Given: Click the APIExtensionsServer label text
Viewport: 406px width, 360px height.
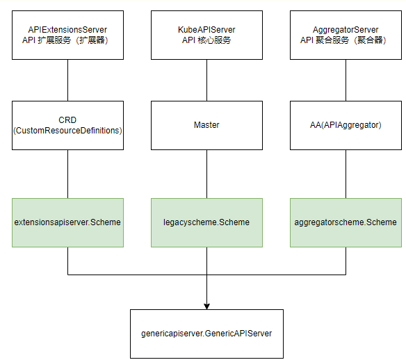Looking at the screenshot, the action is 67,30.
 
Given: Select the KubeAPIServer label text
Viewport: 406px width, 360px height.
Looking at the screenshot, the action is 206,30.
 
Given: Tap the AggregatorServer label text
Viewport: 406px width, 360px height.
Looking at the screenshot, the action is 346,30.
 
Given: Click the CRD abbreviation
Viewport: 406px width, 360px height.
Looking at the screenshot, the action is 67,120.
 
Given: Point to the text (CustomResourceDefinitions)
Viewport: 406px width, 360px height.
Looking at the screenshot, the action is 67,131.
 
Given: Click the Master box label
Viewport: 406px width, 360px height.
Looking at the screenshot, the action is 206,125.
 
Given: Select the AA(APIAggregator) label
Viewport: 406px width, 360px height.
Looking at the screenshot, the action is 346,125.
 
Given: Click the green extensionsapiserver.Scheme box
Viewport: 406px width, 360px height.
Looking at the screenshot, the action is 68,222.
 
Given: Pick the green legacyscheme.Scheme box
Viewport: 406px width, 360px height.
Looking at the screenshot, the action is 207,222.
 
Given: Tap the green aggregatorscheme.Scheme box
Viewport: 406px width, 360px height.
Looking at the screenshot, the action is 346,222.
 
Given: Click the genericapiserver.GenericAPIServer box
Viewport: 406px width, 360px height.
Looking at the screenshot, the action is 207,334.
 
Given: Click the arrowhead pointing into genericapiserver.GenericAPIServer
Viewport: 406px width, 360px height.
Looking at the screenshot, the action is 206,306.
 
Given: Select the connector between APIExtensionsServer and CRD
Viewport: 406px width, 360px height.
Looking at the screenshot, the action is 68,80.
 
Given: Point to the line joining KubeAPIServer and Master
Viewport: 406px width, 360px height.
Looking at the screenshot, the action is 207,80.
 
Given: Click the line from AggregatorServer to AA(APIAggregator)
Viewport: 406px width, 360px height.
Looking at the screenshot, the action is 346,80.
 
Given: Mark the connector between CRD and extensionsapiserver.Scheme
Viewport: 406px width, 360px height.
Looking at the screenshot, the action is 68,174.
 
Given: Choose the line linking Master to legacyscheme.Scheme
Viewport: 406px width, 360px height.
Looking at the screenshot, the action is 207,174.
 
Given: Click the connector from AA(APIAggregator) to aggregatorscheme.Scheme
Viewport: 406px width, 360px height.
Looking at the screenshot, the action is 346,174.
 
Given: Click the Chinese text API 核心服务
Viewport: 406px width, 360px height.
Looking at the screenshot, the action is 206,40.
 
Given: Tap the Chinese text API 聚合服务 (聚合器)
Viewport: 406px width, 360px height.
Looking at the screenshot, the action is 343,40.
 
